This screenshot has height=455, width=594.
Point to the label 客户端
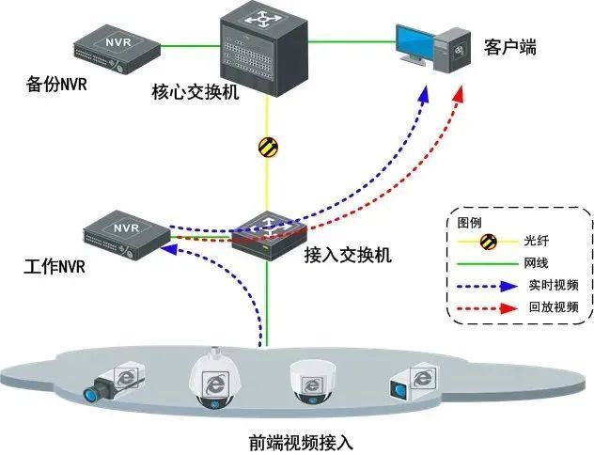[509, 47]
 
